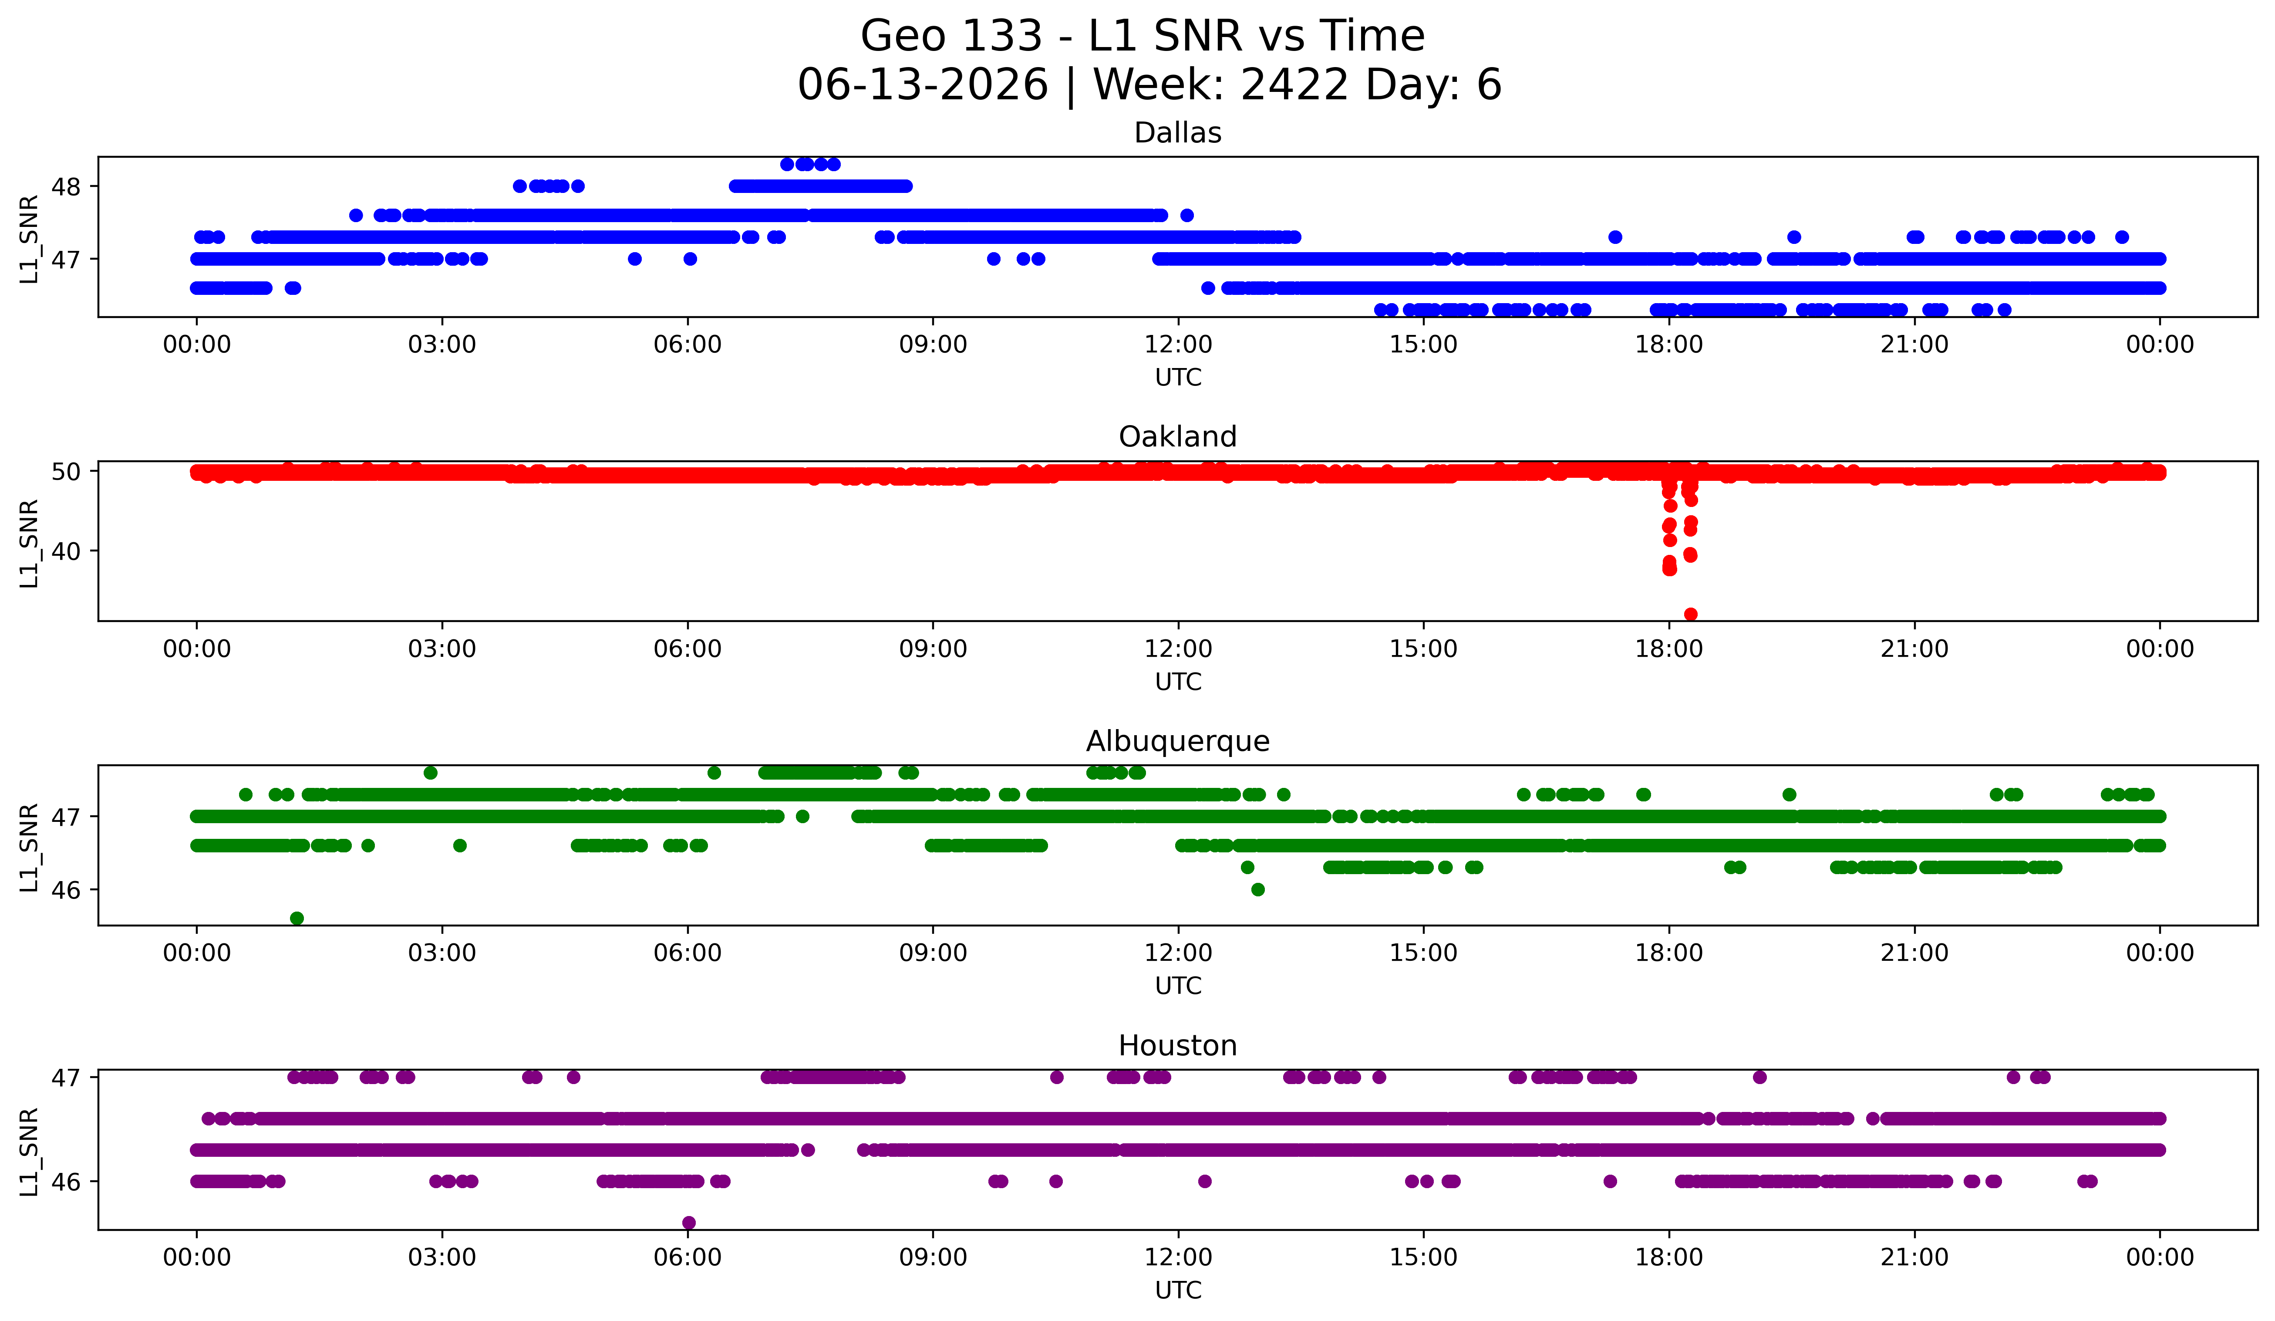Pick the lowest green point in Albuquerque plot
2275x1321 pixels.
pos(297,918)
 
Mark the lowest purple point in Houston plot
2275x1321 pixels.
pos(689,1223)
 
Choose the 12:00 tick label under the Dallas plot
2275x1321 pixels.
pos(1178,345)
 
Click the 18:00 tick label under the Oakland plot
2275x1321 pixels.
pos(1669,649)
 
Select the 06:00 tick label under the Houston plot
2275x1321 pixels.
pos(688,1258)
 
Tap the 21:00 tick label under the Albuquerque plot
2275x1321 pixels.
pos(1915,953)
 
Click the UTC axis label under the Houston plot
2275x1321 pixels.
pos(1178,1291)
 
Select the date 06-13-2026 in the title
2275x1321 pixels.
pos(923,85)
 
